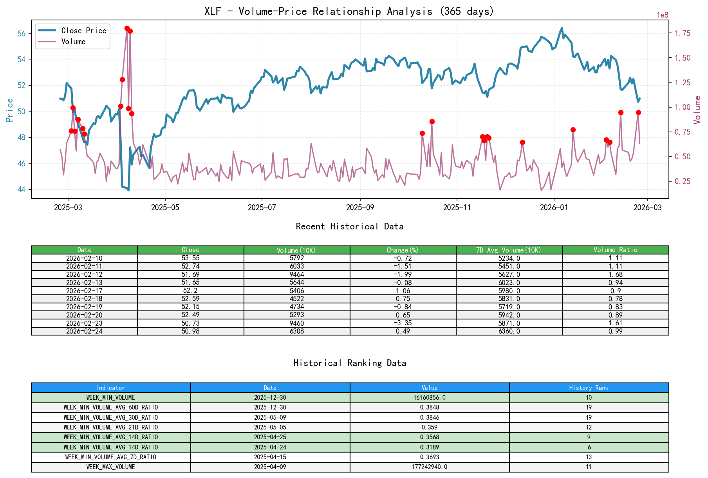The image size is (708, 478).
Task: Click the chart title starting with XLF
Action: (349, 11)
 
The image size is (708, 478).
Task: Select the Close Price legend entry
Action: (83, 31)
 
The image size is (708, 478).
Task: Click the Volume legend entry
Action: (73, 41)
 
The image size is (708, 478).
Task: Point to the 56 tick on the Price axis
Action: (22, 34)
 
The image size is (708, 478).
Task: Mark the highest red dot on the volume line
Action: (127, 28)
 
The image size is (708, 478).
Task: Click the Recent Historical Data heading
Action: (349, 226)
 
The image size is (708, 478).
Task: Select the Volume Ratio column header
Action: (615, 250)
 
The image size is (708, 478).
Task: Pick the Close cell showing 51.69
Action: (190, 274)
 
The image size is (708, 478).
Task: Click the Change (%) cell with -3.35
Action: (403, 323)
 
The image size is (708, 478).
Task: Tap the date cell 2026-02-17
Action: (84, 290)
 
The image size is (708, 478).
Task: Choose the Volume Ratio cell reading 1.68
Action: (615, 274)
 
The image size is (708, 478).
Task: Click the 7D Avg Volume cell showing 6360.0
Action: (509, 331)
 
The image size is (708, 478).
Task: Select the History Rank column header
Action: (589, 388)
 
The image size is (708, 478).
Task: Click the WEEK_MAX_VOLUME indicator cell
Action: (110, 467)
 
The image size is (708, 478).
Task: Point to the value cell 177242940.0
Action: (429, 467)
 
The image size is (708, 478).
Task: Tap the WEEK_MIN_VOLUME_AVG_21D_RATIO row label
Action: (110, 427)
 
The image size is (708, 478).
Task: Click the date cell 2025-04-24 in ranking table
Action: (270, 447)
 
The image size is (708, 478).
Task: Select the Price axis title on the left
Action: (10, 110)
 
